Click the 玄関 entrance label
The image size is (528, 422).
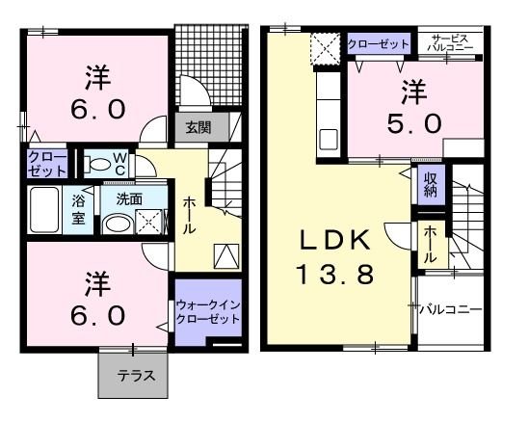198,127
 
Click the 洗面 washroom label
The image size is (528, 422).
129,198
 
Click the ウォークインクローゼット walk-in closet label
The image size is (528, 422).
207,312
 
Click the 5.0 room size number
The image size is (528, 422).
415,123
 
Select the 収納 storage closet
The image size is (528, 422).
430,184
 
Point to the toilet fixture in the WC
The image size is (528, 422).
96,162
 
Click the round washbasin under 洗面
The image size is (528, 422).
119,223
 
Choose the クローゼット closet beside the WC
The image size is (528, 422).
46,162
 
